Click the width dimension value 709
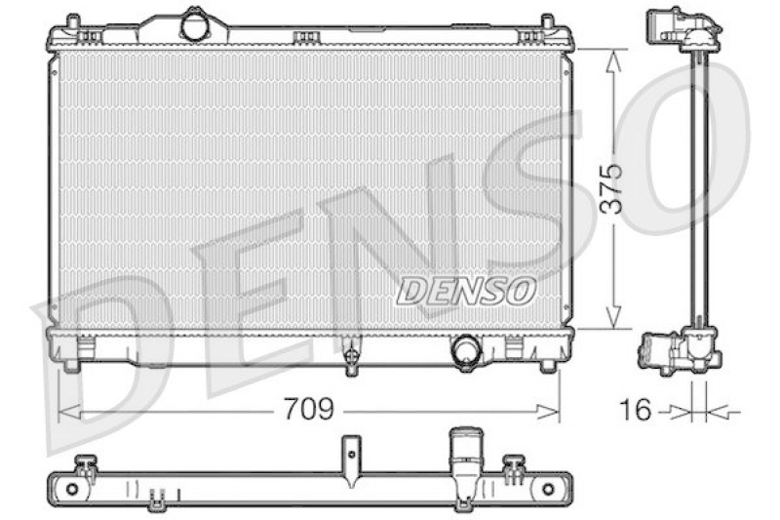point(309,409)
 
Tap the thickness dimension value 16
point(635,410)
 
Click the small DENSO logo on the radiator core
point(466,289)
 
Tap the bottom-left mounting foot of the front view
point(70,364)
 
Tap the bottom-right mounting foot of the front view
point(547,364)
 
